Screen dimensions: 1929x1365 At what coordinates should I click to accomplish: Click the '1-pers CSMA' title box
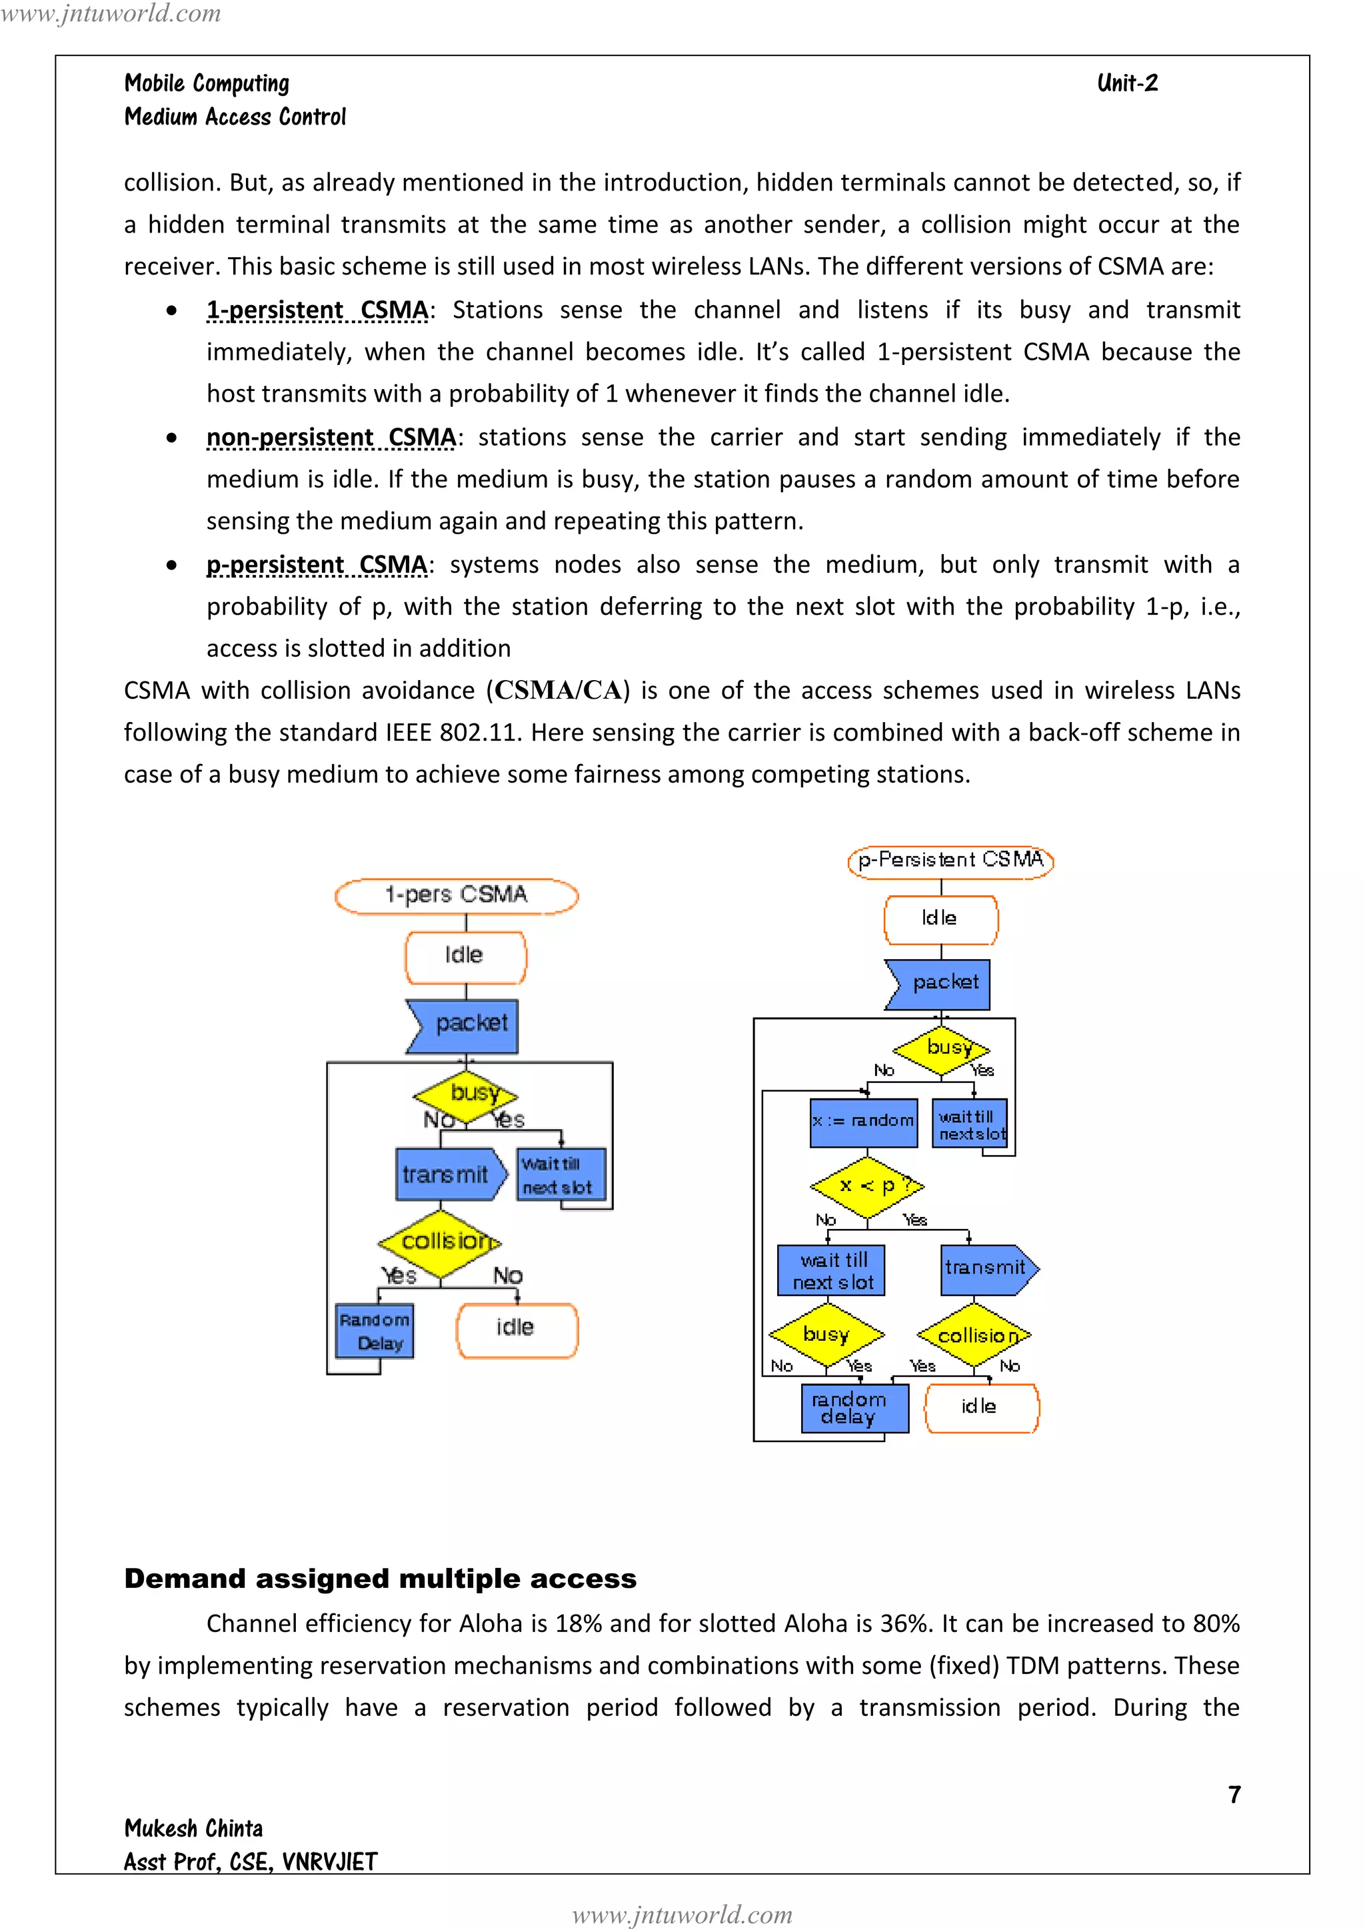point(457,895)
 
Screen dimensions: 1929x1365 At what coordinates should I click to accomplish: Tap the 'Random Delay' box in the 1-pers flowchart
point(374,1331)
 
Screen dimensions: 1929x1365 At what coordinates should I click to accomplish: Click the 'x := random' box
point(863,1122)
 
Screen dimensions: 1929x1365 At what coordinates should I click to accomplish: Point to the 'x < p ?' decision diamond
point(866,1186)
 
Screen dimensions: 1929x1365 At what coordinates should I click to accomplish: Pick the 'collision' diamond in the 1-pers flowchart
point(440,1242)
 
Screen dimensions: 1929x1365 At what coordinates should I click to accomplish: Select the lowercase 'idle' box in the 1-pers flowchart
point(516,1329)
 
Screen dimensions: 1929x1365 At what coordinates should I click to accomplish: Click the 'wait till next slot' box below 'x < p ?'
point(831,1271)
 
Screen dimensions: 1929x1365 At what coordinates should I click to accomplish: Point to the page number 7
point(1234,1794)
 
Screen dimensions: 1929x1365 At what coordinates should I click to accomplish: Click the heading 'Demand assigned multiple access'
point(380,1579)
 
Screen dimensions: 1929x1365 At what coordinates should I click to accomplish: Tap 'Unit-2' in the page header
point(1127,83)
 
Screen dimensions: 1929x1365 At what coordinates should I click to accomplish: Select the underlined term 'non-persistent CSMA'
point(331,438)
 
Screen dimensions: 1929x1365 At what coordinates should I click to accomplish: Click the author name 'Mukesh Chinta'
point(193,1828)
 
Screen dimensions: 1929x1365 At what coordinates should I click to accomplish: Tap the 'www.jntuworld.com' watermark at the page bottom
point(682,1915)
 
